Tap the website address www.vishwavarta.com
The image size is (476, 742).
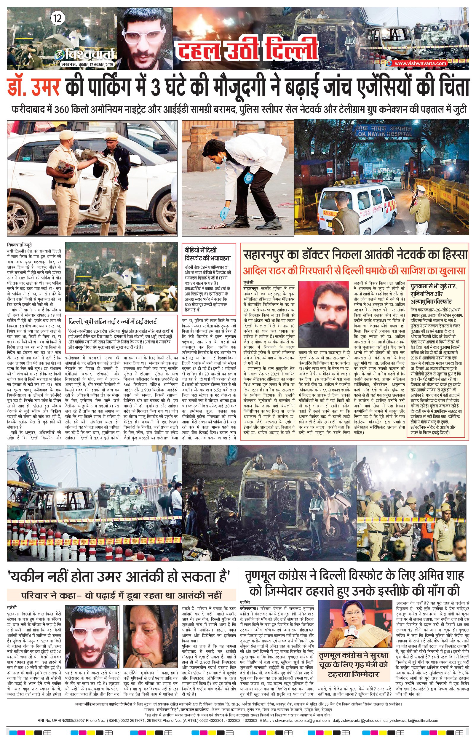click(420, 63)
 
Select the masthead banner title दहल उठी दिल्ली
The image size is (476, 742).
click(246, 49)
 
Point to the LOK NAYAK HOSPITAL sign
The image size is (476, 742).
click(383, 131)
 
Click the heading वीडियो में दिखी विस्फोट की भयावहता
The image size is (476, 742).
click(208, 254)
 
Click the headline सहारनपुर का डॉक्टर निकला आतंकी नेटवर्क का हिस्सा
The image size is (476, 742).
click(355, 255)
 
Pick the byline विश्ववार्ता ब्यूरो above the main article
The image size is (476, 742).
click(19, 244)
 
